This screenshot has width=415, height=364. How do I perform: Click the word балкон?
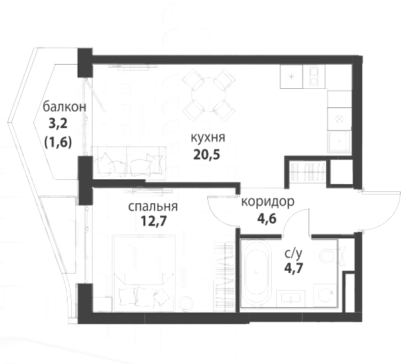[x=64, y=107]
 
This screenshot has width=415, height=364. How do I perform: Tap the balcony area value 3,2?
[x=58, y=124]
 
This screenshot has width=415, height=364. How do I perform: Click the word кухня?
[x=208, y=137]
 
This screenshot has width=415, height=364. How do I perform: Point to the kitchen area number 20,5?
[x=206, y=155]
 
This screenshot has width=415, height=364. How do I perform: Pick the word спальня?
[x=153, y=206]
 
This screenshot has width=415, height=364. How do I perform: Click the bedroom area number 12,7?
[x=154, y=221]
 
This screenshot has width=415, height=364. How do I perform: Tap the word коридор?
[x=268, y=202]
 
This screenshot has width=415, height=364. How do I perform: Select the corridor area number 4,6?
[x=267, y=218]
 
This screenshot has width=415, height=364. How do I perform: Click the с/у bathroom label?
[x=293, y=254]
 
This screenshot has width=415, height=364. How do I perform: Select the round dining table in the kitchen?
[x=209, y=95]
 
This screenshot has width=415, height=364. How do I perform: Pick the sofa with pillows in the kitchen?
[x=129, y=163]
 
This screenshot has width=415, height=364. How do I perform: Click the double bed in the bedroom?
[x=145, y=273]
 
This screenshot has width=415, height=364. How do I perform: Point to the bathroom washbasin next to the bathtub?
[x=290, y=299]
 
